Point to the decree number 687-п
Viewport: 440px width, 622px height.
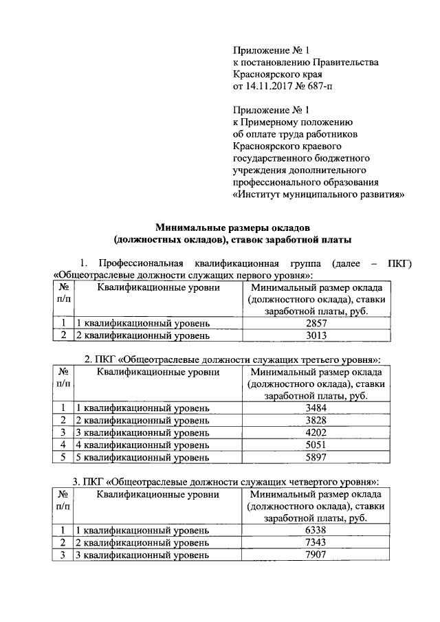point(318,86)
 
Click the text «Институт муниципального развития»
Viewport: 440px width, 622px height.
point(318,194)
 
